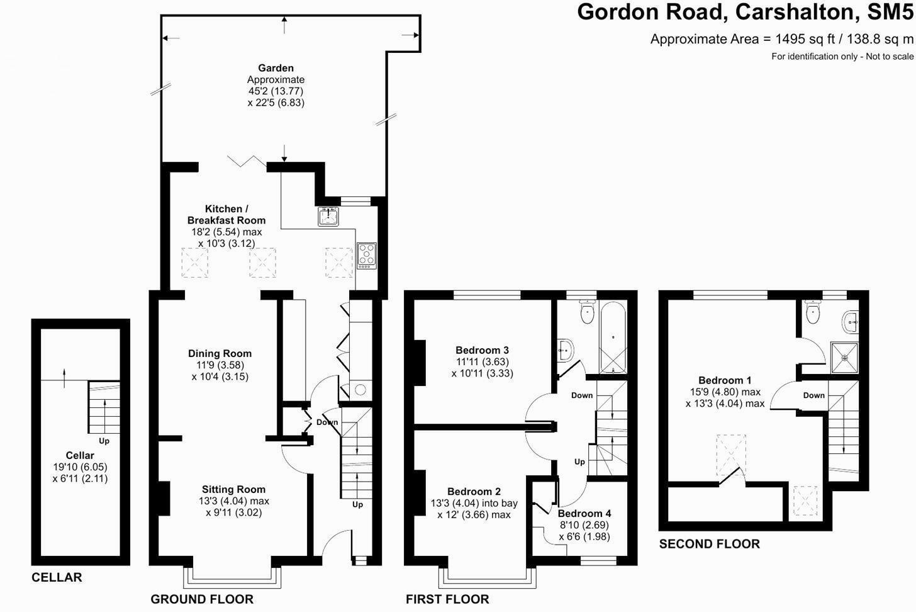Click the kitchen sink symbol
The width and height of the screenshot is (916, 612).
(328, 216)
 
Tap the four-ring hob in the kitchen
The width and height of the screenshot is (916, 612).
(366, 255)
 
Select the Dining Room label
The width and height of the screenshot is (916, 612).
(220, 354)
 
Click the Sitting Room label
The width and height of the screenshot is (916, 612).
(233, 489)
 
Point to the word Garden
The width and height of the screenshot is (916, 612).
(276, 68)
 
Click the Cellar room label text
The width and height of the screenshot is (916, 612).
(80, 455)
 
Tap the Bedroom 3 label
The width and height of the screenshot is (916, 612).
(482, 350)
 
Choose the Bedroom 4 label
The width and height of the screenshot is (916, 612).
(584, 514)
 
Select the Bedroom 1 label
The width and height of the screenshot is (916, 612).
(725, 380)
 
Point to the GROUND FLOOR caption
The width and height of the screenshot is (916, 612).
(201, 599)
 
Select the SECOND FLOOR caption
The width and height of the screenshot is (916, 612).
(709, 544)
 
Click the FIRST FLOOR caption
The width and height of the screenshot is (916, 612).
(447, 599)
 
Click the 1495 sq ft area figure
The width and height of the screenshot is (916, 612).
(805, 39)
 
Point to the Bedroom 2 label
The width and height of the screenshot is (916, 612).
(474, 492)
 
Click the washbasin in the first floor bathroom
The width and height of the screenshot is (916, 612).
(566, 349)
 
